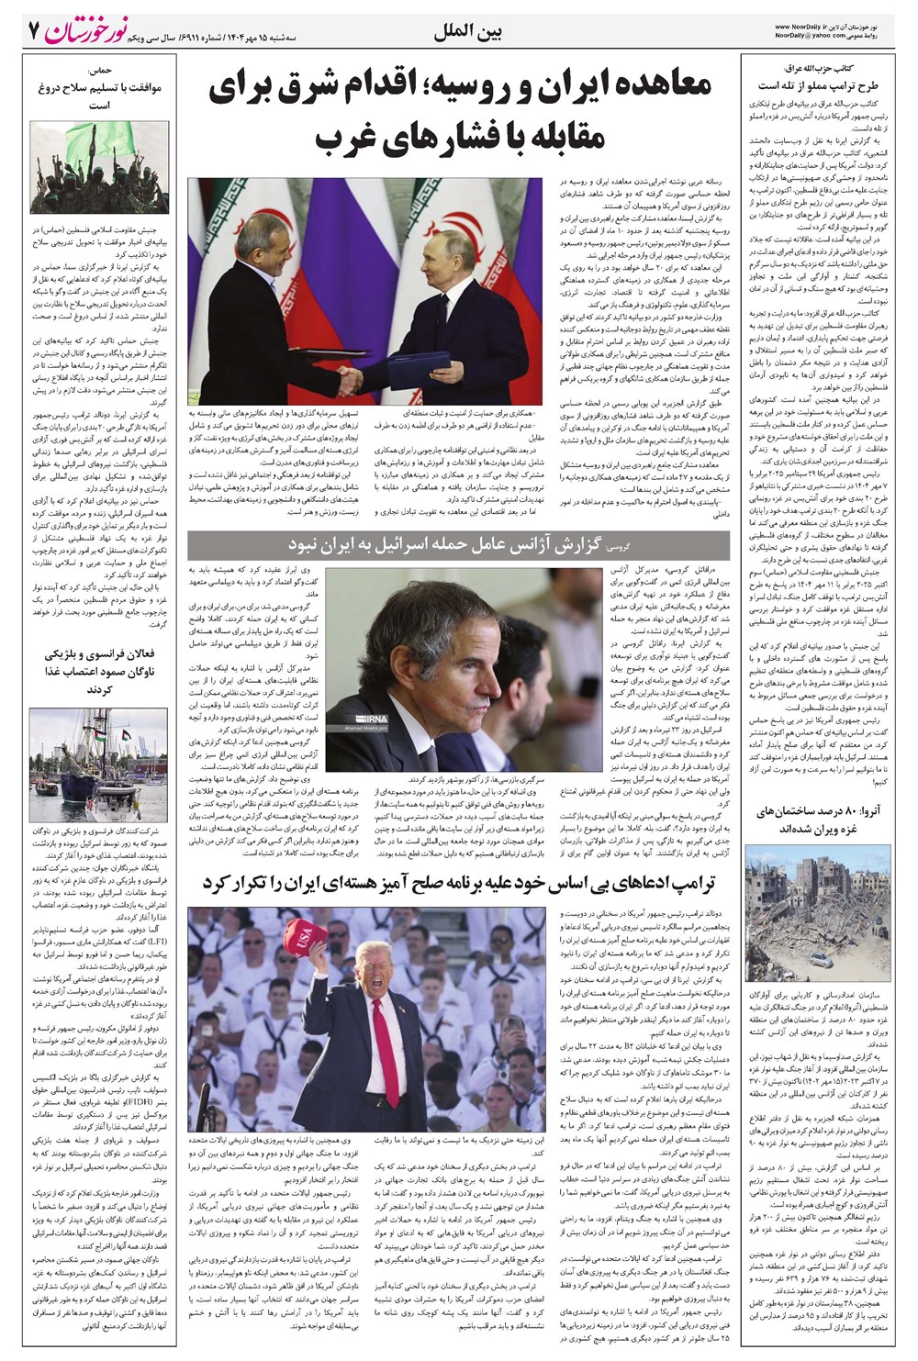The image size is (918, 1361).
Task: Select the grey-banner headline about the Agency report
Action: (458, 544)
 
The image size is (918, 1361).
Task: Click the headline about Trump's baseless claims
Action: (459, 883)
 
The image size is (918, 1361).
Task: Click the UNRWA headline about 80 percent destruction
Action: (806, 820)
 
